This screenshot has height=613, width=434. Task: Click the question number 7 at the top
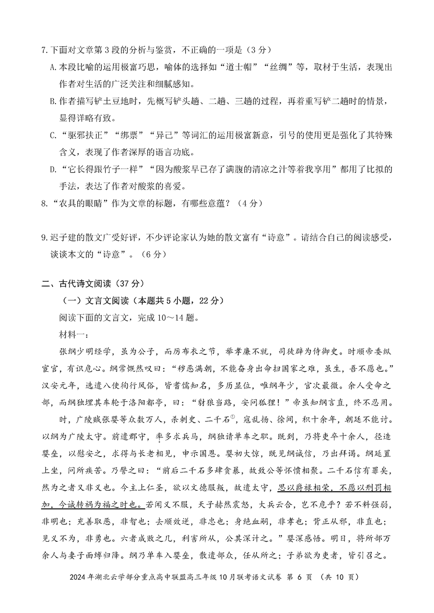coord(44,50)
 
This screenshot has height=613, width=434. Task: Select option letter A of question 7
coord(53,67)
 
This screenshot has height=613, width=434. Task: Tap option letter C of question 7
coord(53,135)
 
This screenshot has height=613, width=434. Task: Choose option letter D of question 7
coord(53,170)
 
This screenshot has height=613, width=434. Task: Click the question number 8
coord(44,204)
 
